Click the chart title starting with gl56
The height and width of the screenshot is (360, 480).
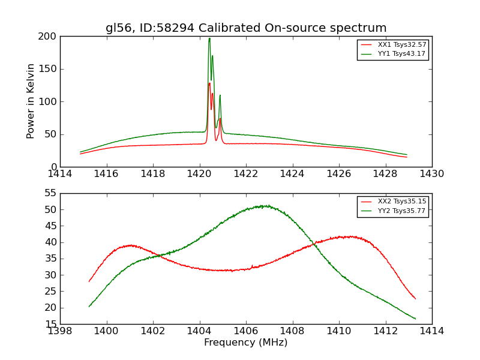click(246, 28)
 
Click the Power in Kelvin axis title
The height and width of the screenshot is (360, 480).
click(31, 101)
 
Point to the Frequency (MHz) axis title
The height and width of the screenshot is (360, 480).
click(246, 343)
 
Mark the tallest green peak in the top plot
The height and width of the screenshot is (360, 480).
click(209, 39)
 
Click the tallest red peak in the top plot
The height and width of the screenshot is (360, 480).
click(209, 83)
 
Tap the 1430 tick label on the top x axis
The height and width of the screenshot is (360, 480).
click(431, 174)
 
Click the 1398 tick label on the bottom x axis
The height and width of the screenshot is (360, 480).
click(60, 331)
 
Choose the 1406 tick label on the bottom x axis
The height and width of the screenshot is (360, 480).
click(246, 331)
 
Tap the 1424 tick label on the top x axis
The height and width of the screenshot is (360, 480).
click(292, 174)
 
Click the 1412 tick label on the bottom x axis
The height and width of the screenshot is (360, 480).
click(385, 331)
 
